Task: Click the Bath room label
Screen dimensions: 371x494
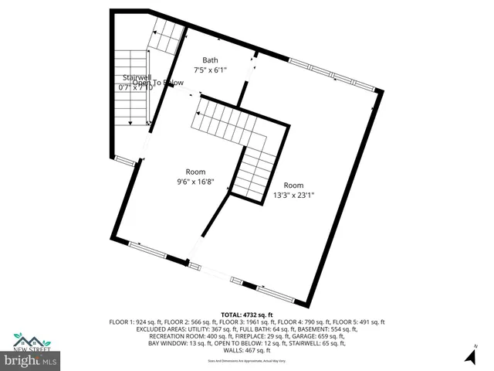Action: pos(210,60)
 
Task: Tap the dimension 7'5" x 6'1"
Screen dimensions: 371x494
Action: pos(210,70)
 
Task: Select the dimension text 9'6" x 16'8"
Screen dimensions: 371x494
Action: pos(195,182)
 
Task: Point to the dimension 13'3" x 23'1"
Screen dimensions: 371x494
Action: pos(293,196)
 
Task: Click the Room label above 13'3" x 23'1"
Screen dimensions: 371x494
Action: pos(293,185)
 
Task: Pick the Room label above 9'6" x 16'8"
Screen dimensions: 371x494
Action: pos(195,172)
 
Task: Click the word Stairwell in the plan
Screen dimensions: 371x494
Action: pos(136,78)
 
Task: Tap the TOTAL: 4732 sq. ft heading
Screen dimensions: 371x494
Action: pos(247,315)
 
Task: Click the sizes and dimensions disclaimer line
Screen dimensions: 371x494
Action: pos(247,361)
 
